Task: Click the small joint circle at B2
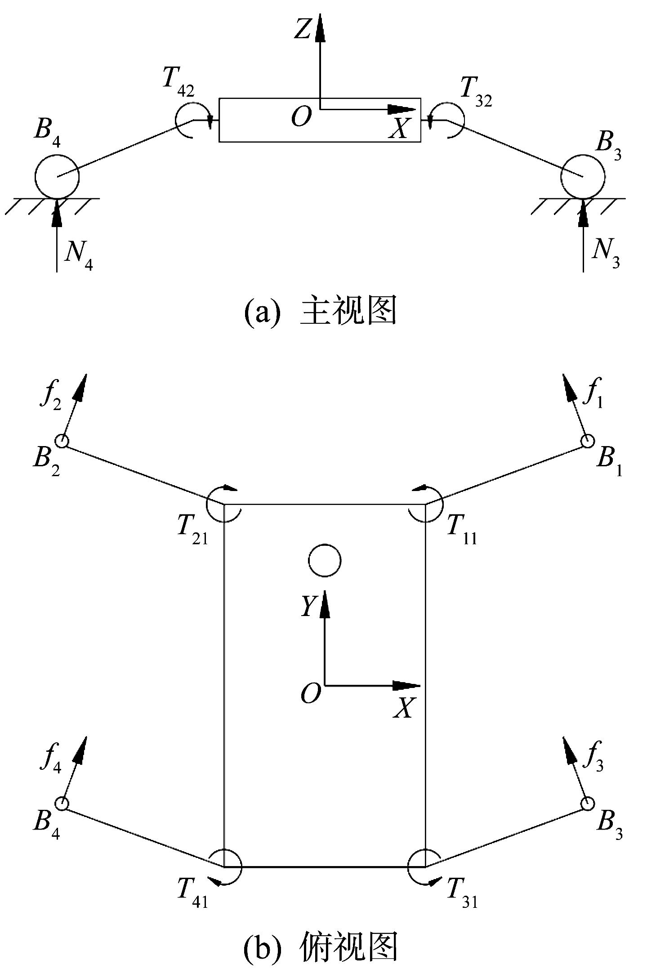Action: [62, 441]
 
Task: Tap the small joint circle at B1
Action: [587, 441]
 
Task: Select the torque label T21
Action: [192, 530]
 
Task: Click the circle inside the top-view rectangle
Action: [324, 560]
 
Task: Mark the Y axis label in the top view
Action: [309, 606]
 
